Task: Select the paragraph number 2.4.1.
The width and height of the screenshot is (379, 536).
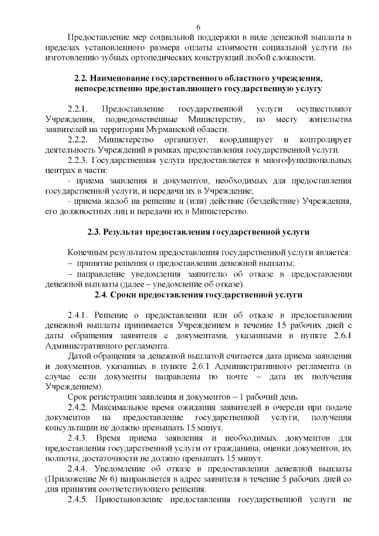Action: pos(79,314)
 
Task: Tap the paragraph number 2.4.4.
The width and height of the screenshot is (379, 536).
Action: pos(80,468)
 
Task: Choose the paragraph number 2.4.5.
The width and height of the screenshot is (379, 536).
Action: pos(80,499)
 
